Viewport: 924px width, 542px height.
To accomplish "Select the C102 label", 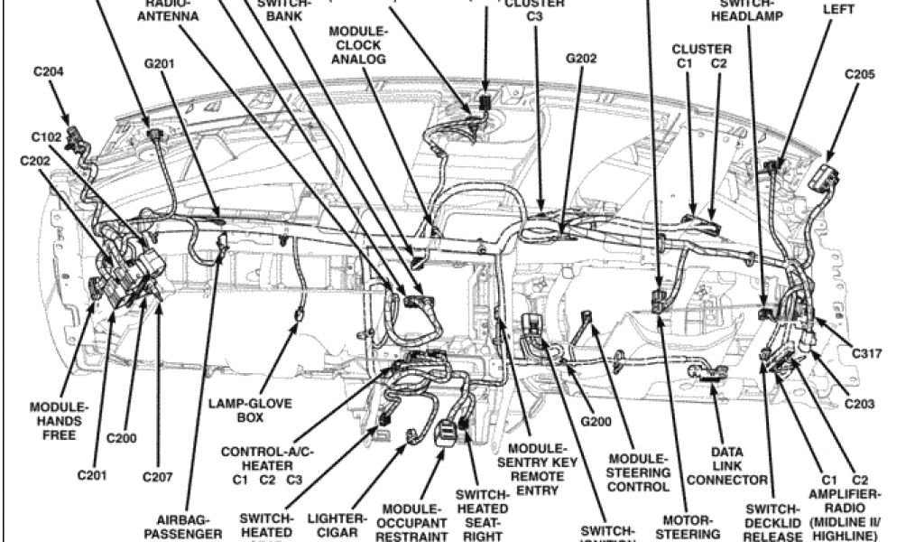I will (x=45, y=137).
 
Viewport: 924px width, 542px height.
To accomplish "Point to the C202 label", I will (x=34, y=161).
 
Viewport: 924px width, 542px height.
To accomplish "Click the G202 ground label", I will (x=582, y=59).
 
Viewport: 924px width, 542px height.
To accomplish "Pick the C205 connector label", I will (x=859, y=75).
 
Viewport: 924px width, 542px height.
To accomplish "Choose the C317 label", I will (x=865, y=354).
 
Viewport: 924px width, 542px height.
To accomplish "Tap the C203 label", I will (x=858, y=404).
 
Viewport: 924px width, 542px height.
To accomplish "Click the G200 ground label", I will (x=596, y=421).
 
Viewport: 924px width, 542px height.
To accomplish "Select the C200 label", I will (x=121, y=438).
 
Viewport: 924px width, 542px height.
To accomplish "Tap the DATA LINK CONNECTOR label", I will (x=727, y=464).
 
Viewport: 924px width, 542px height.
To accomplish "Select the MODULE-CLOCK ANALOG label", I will (x=357, y=45).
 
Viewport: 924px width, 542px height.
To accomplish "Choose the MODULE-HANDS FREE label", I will (x=59, y=421).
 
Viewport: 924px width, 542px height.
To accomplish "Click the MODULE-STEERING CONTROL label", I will (x=638, y=472).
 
